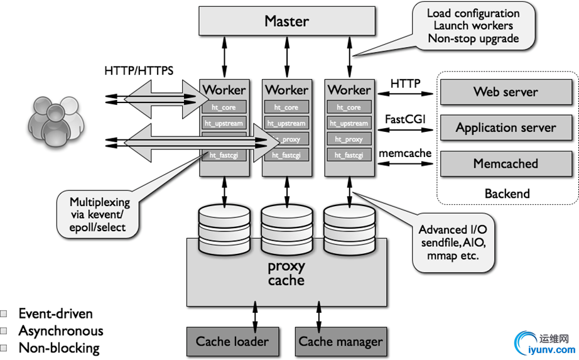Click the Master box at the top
click(286, 21)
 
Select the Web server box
click(506, 92)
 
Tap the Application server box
click(506, 128)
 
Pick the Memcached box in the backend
click(506, 164)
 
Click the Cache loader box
click(232, 342)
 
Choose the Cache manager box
click(340, 342)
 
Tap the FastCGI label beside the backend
click(405, 119)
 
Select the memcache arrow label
click(405, 153)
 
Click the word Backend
click(507, 194)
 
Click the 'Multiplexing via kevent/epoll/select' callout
click(99, 214)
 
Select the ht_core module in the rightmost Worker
click(349, 107)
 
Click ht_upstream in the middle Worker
click(286, 123)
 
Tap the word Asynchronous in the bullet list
click(60, 330)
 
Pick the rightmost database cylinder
click(349, 229)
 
